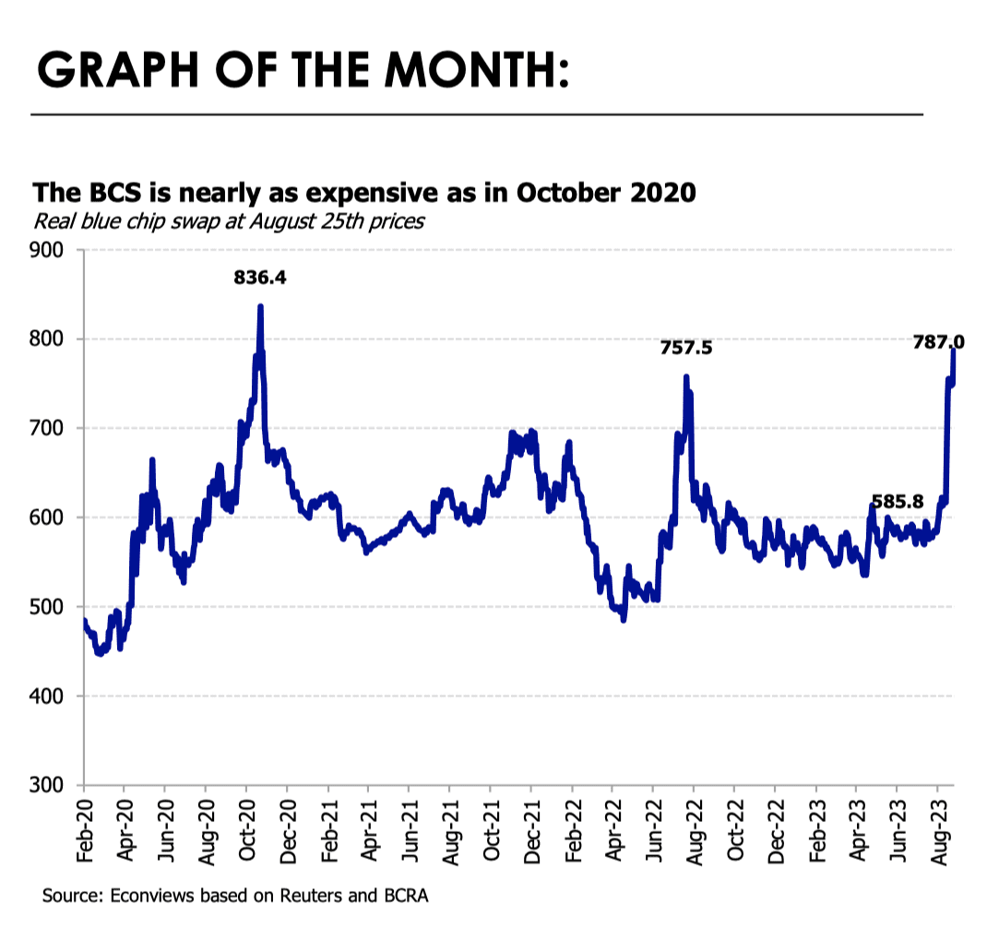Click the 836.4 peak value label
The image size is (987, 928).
pyautogui.click(x=259, y=276)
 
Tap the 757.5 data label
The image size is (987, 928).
pyautogui.click(x=686, y=349)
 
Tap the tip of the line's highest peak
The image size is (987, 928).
pyautogui.click(x=260, y=306)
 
